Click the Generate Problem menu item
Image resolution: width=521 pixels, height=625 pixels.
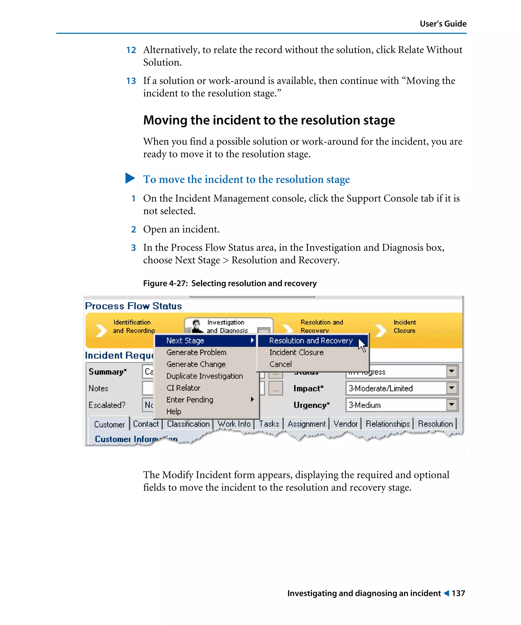tap(196, 352)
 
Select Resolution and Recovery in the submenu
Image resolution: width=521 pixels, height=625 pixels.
tap(311, 340)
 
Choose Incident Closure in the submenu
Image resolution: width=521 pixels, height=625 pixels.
tap(296, 352)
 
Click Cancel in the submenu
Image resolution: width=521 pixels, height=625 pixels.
tap(280, 364)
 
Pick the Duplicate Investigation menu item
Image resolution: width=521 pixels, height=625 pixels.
tap(205, 376)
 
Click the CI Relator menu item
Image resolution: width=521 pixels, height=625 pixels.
tap(183, 388)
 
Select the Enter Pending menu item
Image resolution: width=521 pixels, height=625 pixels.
tap(190, 400)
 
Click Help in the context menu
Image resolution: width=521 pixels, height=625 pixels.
tap(173, 411)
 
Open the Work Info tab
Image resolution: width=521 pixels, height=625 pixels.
tap(234, 424)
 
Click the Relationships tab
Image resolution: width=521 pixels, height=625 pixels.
tap(387, 424)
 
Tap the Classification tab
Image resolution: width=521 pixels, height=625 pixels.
tap(188, 424)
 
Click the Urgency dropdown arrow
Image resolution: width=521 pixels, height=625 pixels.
tap(451, 405)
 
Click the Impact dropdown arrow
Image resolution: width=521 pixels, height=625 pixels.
tap(451, 388)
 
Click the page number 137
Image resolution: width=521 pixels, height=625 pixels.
tap(458, 593)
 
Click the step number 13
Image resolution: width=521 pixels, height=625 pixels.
tap(131, 81)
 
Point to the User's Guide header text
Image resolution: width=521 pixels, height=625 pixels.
tap(443, 24)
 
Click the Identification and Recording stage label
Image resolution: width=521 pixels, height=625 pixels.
tap(133, 326)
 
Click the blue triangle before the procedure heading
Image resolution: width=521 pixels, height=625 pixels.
tap(130, 178)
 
